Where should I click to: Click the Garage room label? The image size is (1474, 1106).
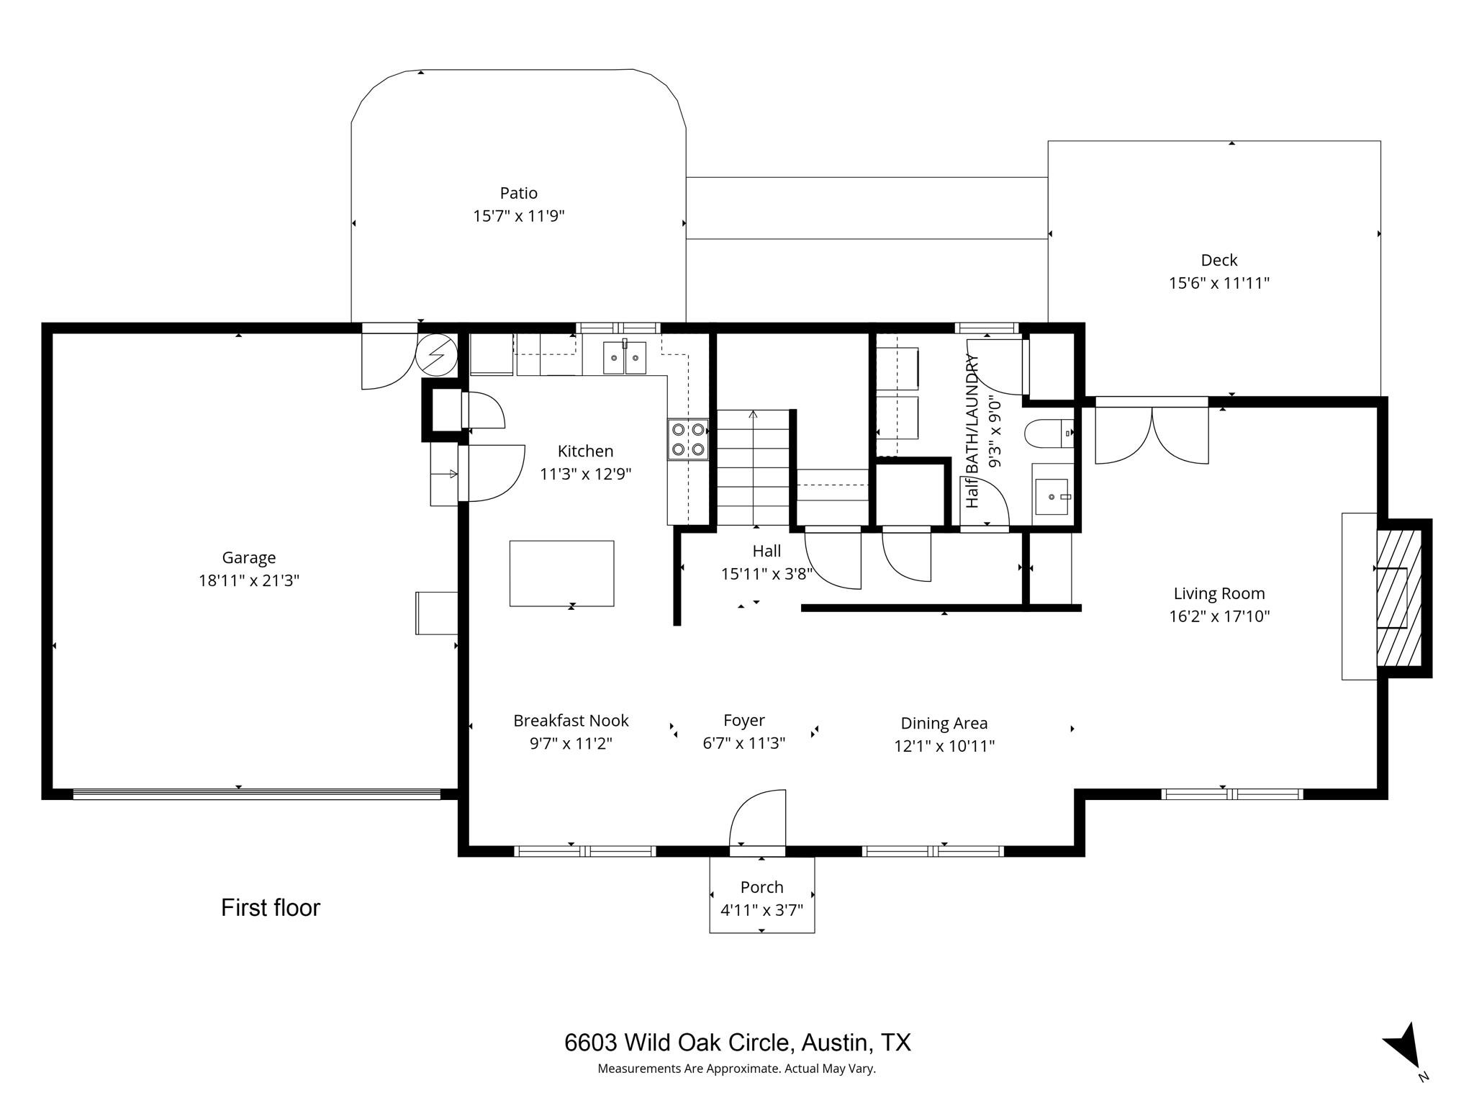coord(248,557)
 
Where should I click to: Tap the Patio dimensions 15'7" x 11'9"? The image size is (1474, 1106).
coord(518,216)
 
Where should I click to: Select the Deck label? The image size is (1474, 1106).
coord(1218,260)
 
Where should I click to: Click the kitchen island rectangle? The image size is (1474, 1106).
coord(561,573)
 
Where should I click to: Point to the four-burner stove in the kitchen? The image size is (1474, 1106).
coord(687,439)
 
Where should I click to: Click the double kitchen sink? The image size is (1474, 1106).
coord(625,358)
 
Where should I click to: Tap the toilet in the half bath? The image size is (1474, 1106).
coord(1047,433)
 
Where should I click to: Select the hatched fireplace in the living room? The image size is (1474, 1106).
coord(1398,598)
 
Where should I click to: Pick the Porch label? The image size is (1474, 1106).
coord(761,887)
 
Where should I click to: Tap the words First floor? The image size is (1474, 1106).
coord(270,908)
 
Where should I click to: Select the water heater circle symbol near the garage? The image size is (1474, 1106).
coord(437,354)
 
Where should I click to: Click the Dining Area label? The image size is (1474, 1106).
coord(944,723)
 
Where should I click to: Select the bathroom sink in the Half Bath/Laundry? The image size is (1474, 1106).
coord(1052,496)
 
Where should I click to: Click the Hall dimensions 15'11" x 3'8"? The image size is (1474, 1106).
coord(767,574)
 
